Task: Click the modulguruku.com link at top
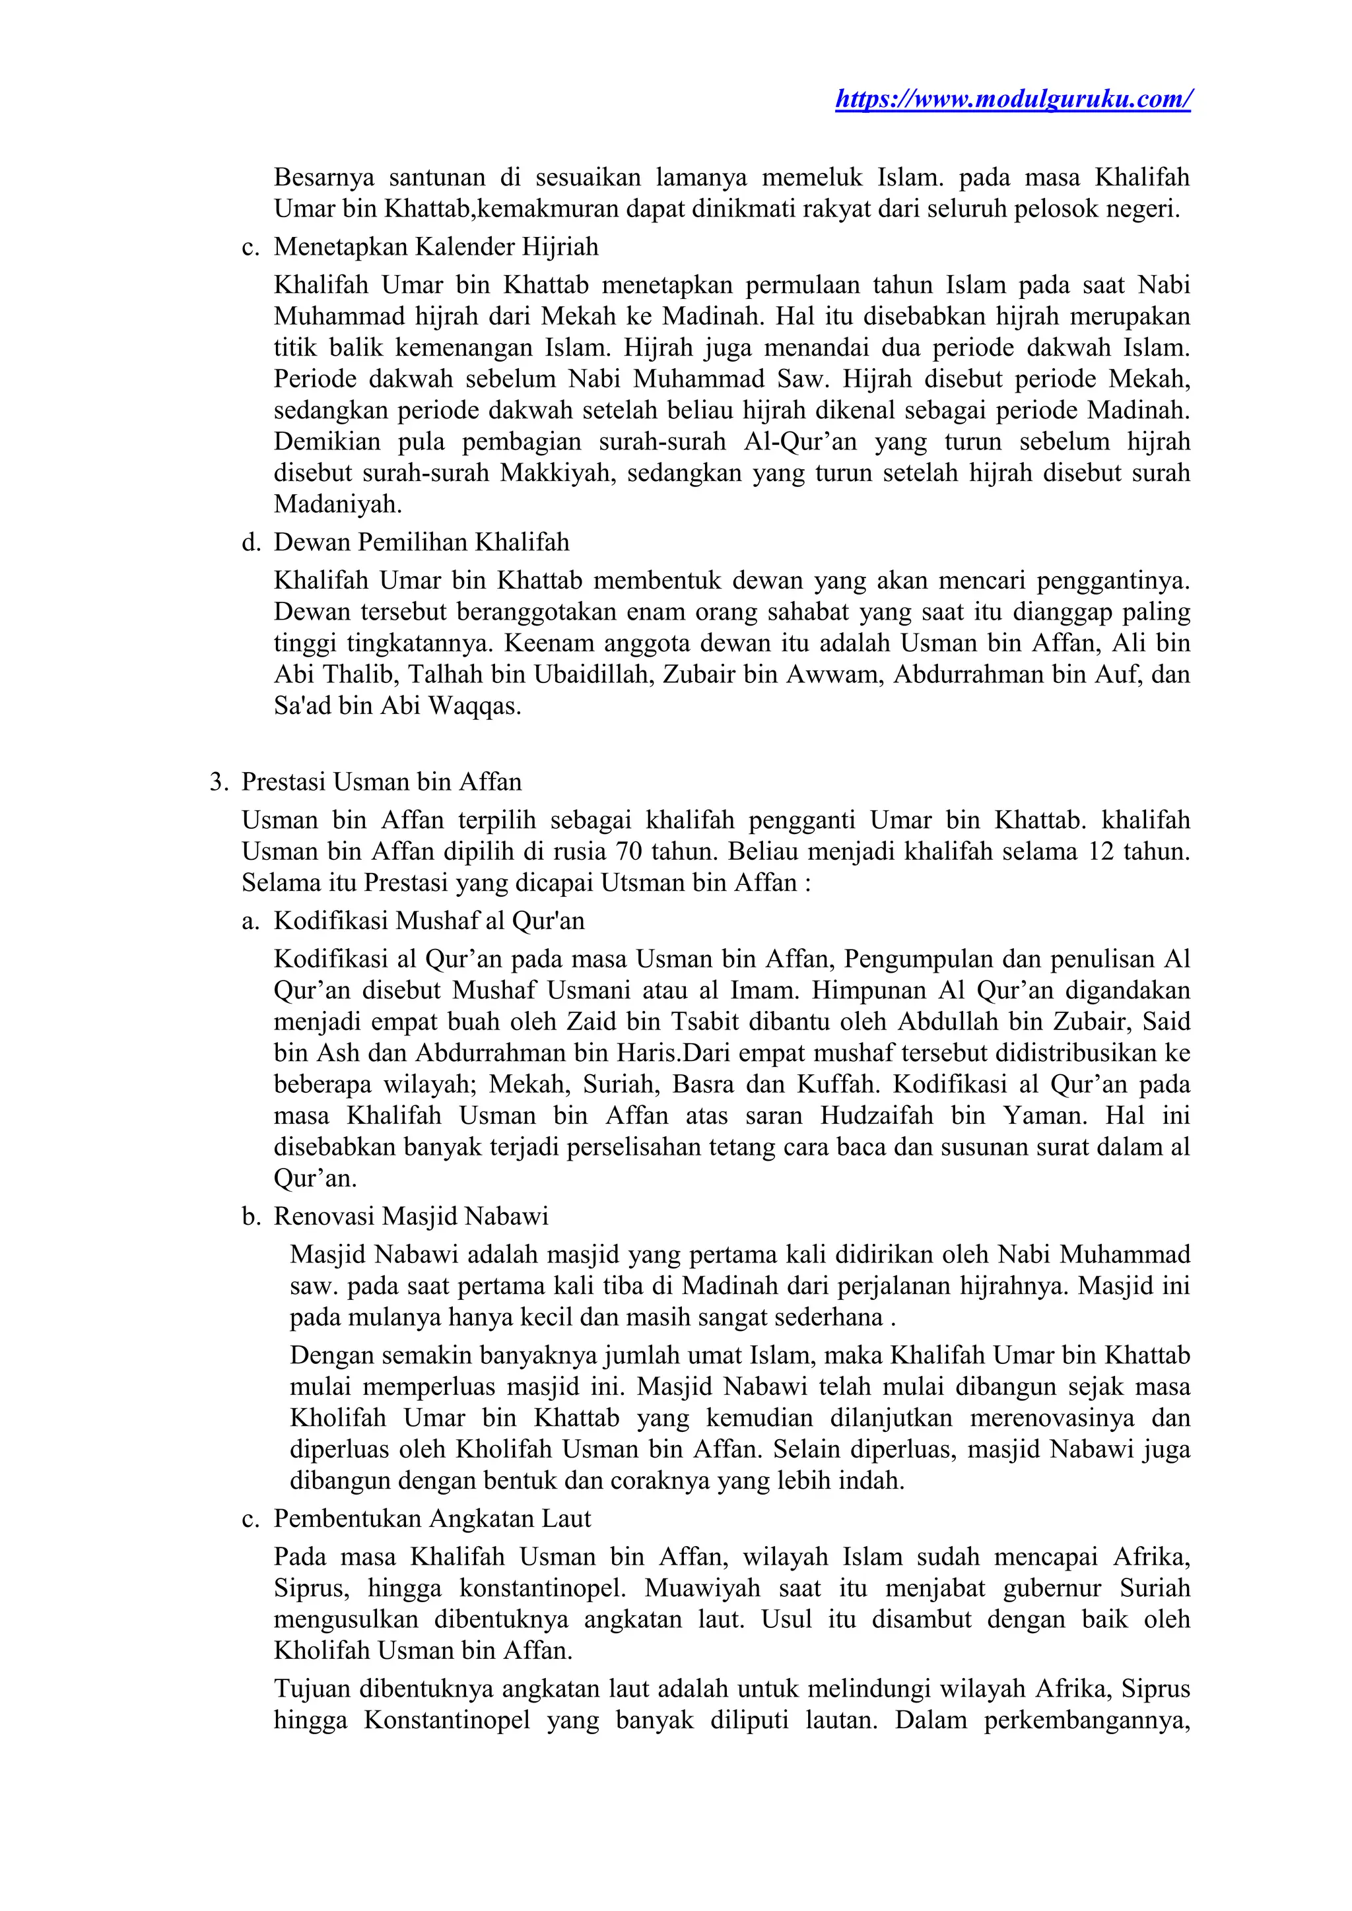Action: tap(1012, 99)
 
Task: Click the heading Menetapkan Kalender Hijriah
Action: tap(436, 247)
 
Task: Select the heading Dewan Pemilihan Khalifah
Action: tap(421, 542)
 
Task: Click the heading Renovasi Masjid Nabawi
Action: tap(411, 1216)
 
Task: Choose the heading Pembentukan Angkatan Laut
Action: tap(432, 1518)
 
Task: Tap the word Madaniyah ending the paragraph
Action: tap(337, 503)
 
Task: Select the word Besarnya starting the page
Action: tap(324, 178)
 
